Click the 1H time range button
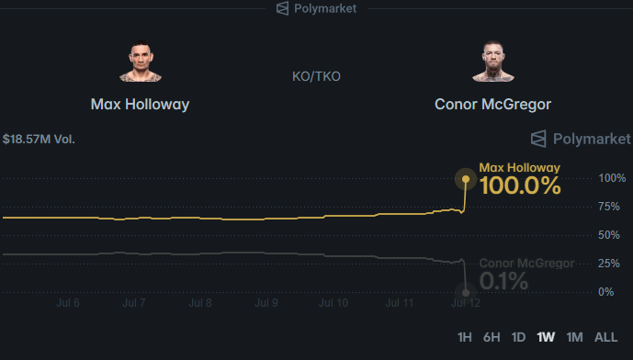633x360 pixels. click(464, 337)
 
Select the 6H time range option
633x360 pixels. click(492, 337)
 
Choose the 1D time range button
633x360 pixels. click(518, 337)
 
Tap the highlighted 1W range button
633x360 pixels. click(546, 337)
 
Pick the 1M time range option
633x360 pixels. click(574, 337)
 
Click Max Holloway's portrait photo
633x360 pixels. click(140, 62)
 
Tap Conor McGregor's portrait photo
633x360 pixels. click(493, 62)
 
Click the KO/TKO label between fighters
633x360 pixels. click(316, 76)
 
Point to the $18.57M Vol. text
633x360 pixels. click(39, 140)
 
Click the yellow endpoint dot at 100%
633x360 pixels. click(466, 179)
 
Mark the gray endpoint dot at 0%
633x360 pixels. click(466, 293)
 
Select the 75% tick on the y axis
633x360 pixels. click(609, 207)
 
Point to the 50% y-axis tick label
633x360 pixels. click(609, 235)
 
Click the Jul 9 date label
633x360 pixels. click(266, 303)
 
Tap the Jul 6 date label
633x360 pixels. click(68, 303)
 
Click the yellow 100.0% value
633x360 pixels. click(520, 186)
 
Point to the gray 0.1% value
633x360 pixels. click(503, 281)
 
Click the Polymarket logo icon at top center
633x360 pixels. click(283, 8)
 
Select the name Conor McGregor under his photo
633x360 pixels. click(492, 104)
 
